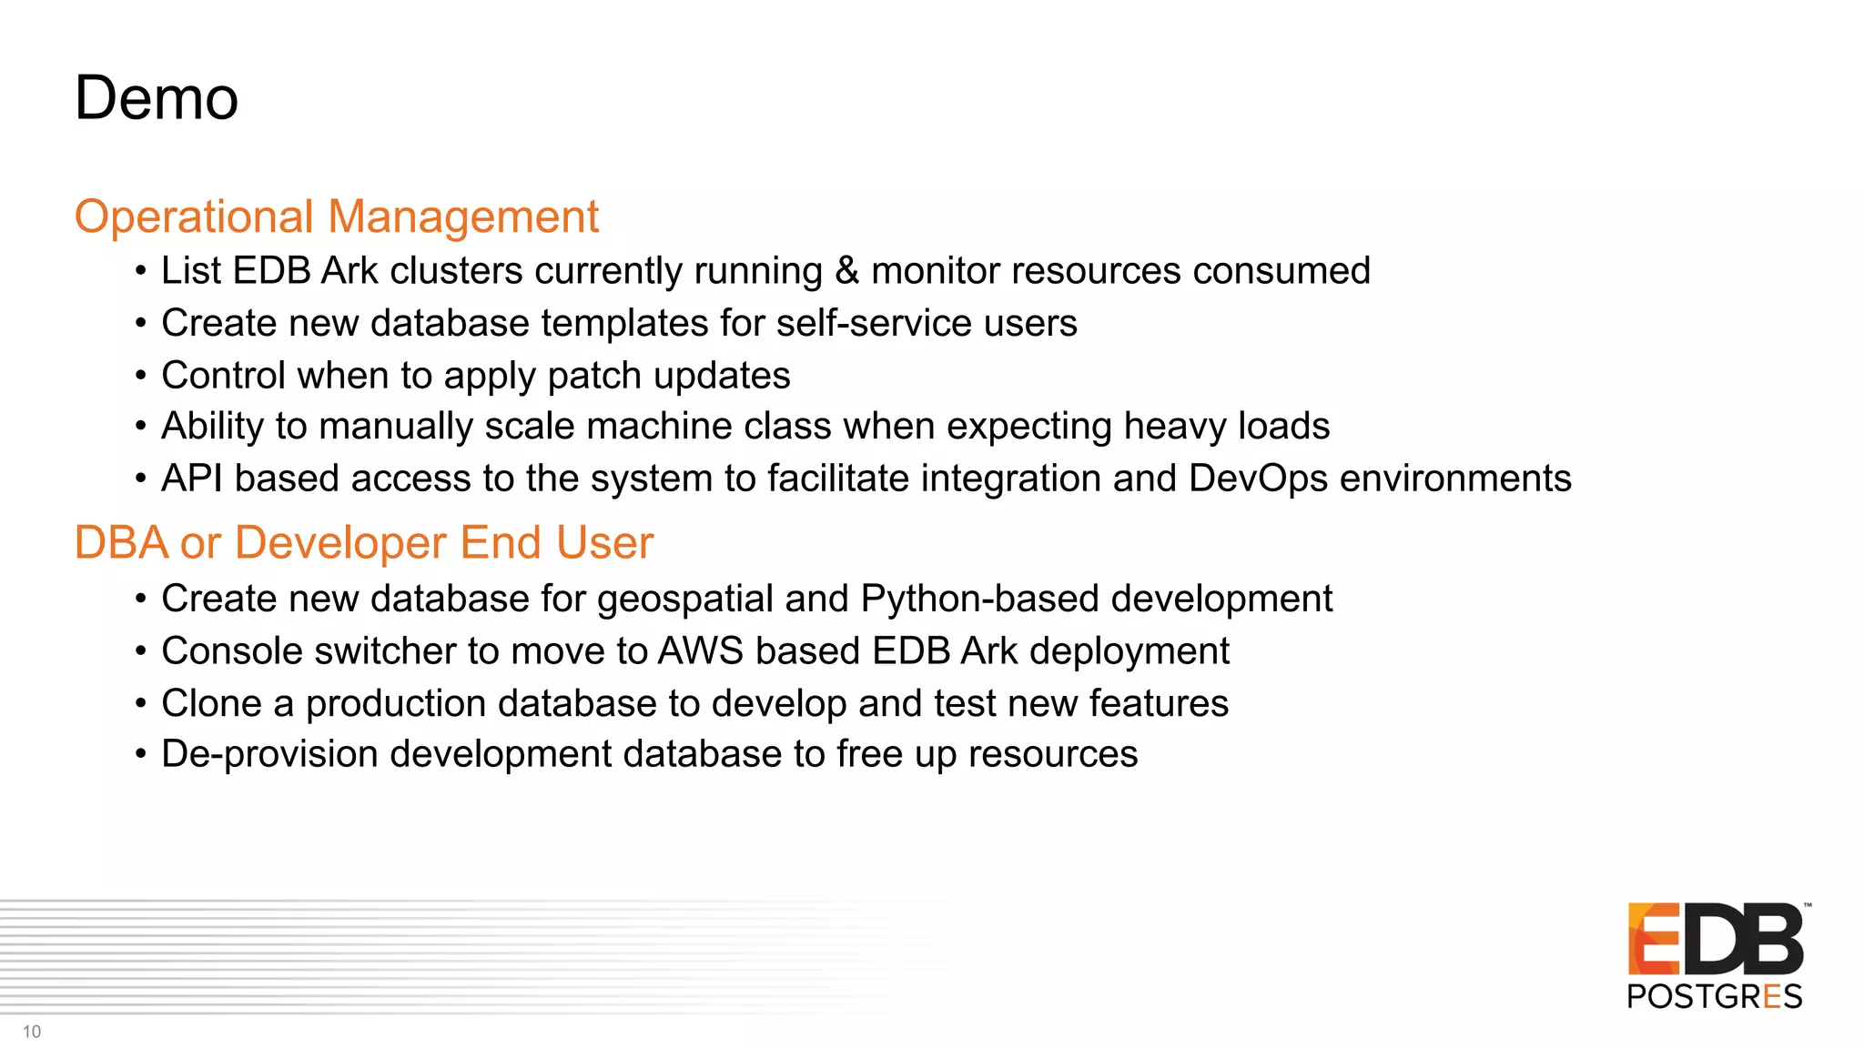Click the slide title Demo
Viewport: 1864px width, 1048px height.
click(x=157, y=98)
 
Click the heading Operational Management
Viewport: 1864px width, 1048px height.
click(x=336, y=217)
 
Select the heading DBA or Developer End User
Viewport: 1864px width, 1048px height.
click(x=363, y=543)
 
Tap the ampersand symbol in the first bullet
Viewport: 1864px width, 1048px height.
click(x=846, y=271)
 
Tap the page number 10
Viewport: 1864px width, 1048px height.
click(x=32, y=1032)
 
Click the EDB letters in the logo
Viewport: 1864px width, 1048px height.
click(x=1715, y=939)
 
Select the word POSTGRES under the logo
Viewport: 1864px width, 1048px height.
click(x=1714, y=997)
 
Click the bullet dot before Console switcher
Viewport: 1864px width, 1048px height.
click(x=140, y=651)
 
